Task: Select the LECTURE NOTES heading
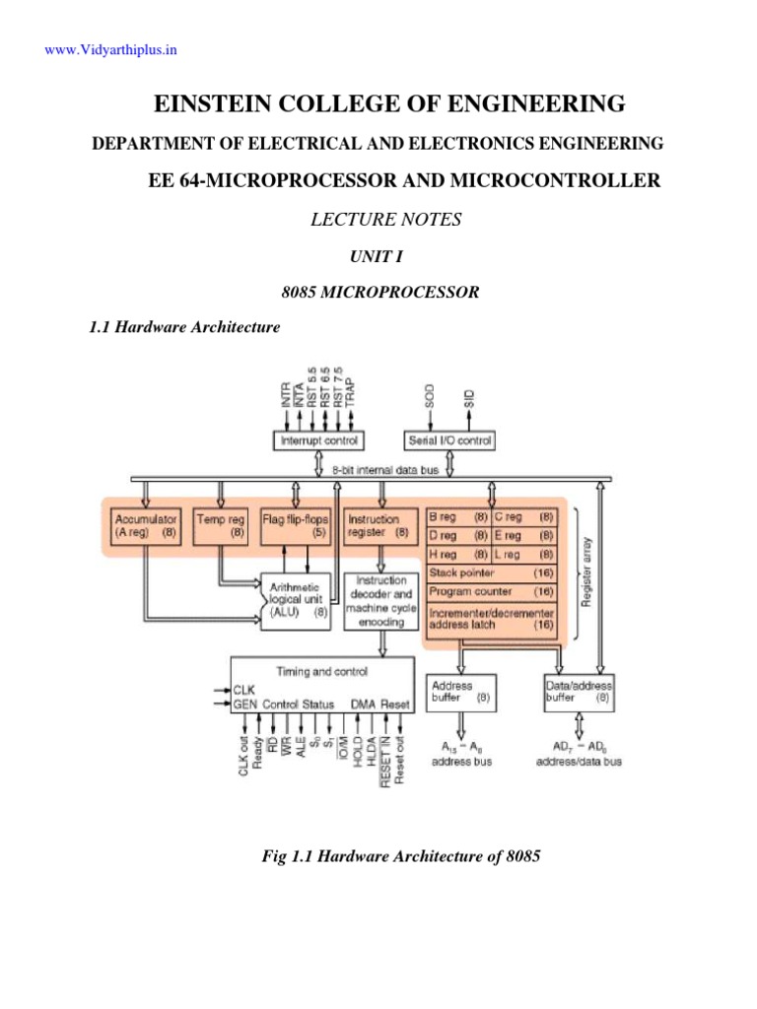[385, 220]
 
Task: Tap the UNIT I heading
[378, 256]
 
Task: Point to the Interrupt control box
[318, 440]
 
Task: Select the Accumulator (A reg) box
[145, 524]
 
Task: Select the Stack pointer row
[491, 572]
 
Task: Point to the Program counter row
[491, 591]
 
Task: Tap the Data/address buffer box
[581, 691]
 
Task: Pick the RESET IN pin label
[386, 762]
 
